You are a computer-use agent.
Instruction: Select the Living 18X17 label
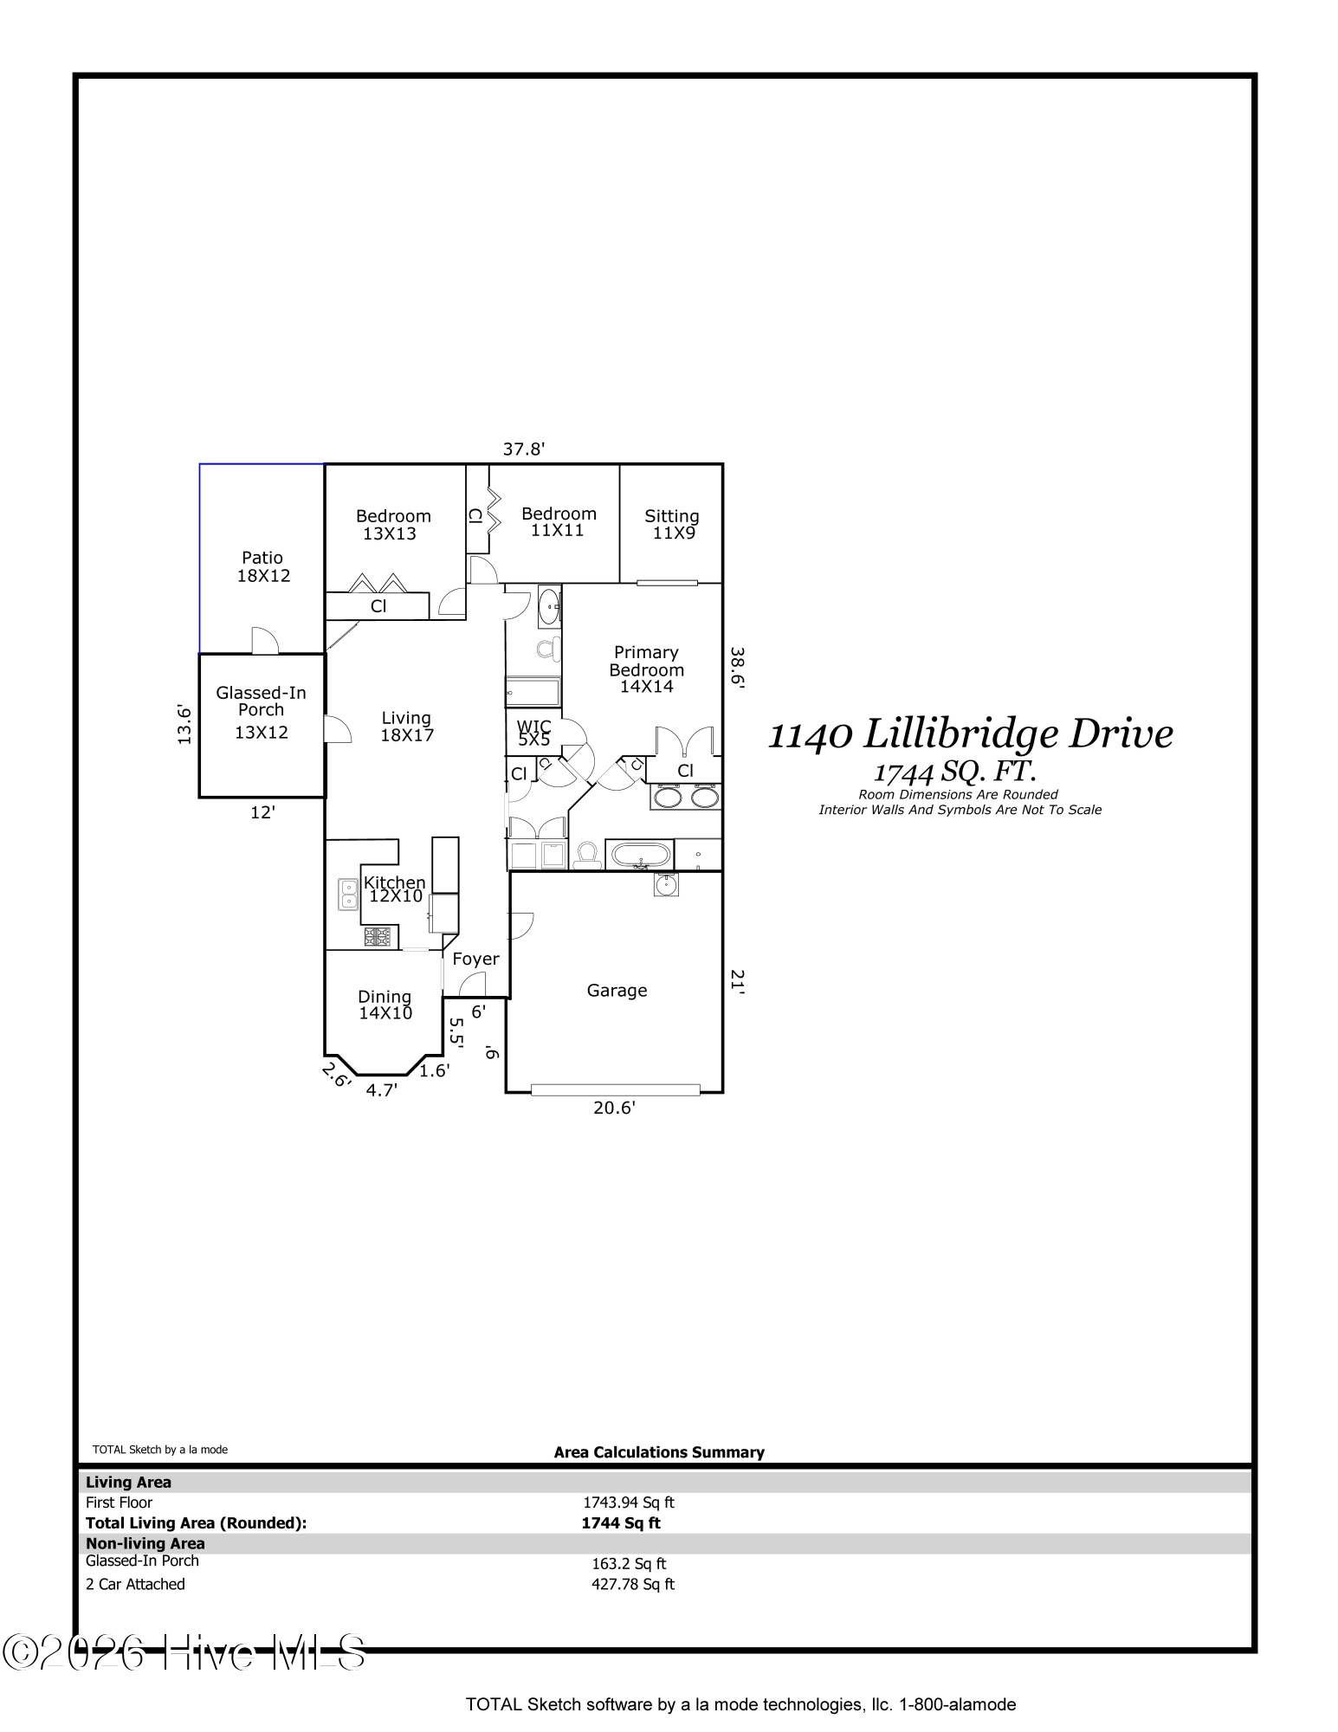(x=406, y=727)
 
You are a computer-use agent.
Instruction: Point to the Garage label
(x=617, y=990)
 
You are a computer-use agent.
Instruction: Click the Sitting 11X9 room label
(x=672, y=525)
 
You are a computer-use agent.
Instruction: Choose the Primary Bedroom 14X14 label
(x=646, y=669)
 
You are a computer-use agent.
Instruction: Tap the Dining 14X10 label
(x=385, y=1005)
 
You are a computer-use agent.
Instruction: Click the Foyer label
(x=475, y=959)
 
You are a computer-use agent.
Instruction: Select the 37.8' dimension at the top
(x=524, y=449)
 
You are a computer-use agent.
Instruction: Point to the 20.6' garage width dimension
(x=614, y=1107)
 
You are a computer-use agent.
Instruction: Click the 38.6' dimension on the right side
(x=737, y=667)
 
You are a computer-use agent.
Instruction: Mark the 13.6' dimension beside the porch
(x=184, y=723)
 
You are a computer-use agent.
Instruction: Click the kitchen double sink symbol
(x=348, y=895)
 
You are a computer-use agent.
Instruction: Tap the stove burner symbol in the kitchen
(x=378, y=936)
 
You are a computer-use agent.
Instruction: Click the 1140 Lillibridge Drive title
(x=971, y=734)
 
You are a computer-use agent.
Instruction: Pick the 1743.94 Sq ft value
(x=628, y=1503)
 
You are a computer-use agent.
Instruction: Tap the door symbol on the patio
(x=264, y=640)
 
